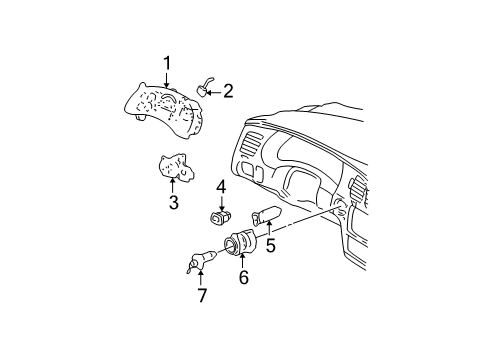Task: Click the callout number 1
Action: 168,63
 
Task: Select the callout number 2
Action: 228,92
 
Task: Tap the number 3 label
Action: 173,203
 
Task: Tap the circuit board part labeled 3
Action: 173,167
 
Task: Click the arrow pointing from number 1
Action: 168,79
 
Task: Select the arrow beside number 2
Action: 213,92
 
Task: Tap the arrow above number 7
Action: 202,276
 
